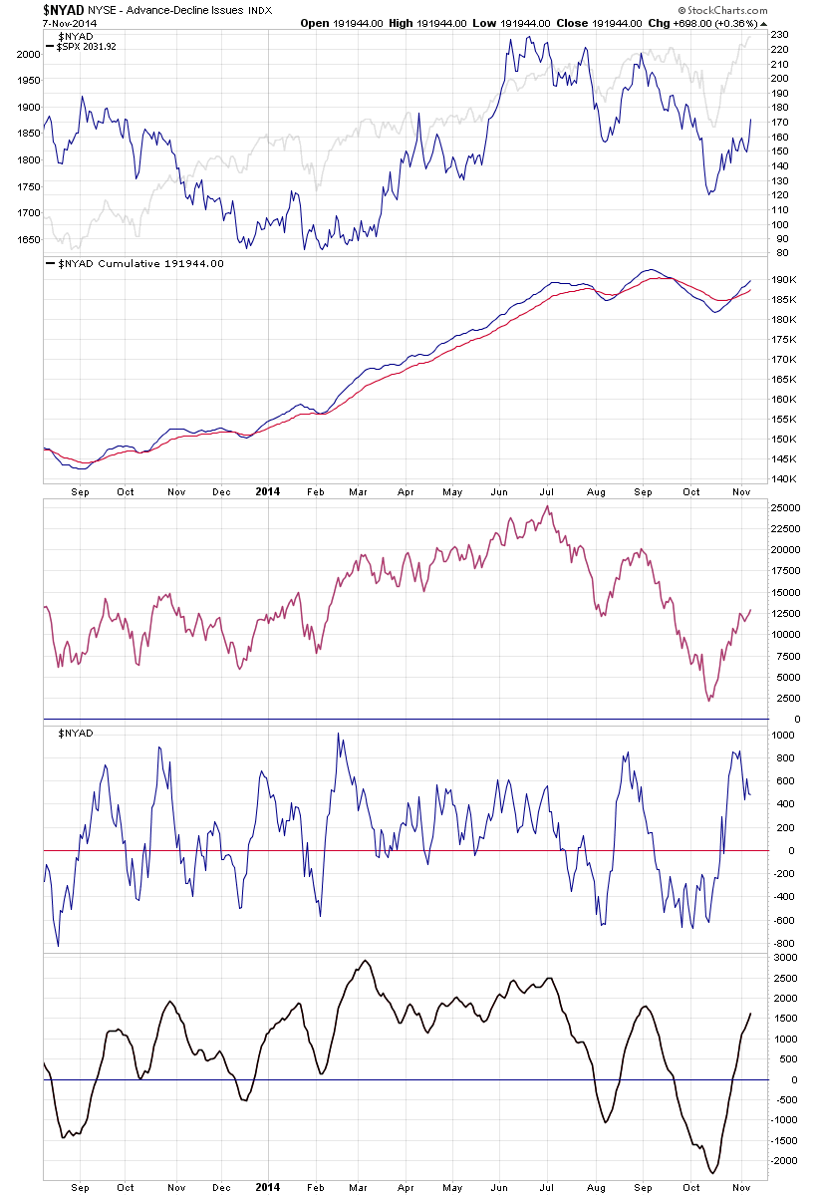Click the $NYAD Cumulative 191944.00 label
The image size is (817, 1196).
pyautogui.click(x=138, y=263)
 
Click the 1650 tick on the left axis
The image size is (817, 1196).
pyautogui.click(x=28, y=239)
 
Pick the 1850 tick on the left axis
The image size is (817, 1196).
pyautogui.click(x=28, y=133)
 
